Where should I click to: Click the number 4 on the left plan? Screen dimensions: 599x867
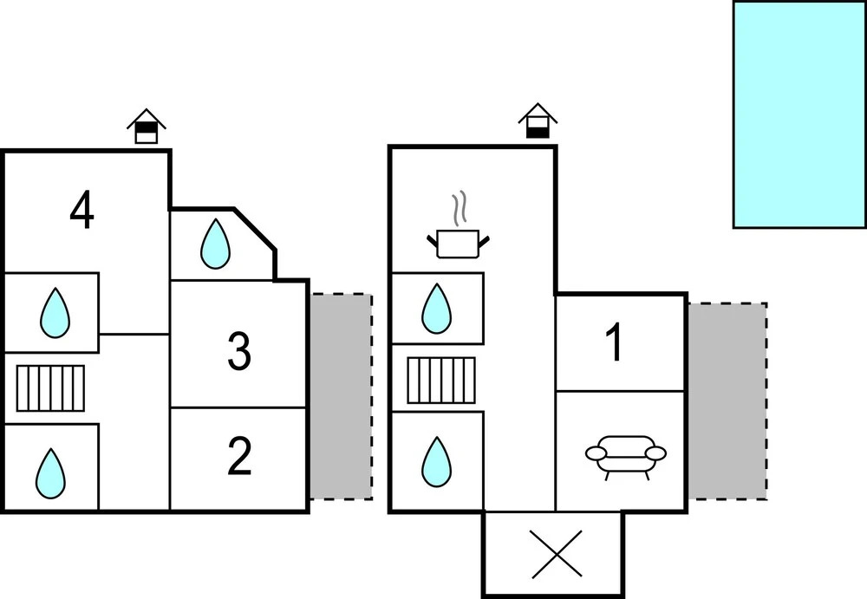[81, 211]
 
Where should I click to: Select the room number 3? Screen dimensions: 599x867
[238, 351]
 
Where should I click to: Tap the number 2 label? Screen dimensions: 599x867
[238, 457]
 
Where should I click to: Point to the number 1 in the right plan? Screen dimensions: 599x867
[614, 343]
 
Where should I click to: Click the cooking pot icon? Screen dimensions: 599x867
[457, 243]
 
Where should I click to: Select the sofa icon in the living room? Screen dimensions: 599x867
[627, 455]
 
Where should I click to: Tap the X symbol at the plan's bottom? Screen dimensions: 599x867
[556, 555]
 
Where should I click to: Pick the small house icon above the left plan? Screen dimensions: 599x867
[147, 127]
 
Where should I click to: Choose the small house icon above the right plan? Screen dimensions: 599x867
[538, 121]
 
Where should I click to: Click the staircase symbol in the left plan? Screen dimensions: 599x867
[51, 387]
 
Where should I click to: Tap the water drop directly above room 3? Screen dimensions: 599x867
[215, 244]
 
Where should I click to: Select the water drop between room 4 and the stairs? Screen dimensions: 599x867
[55, 312]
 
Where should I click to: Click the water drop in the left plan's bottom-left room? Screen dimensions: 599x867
[50, 472]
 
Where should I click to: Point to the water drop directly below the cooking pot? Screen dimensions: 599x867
[436, 309]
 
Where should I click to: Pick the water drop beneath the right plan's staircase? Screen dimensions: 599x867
[436, 461]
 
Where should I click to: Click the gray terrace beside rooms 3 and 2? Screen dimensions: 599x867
[341, 396]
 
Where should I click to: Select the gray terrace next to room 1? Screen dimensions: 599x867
[727, 400]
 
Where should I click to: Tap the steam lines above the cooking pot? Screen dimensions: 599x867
[460, 209]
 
